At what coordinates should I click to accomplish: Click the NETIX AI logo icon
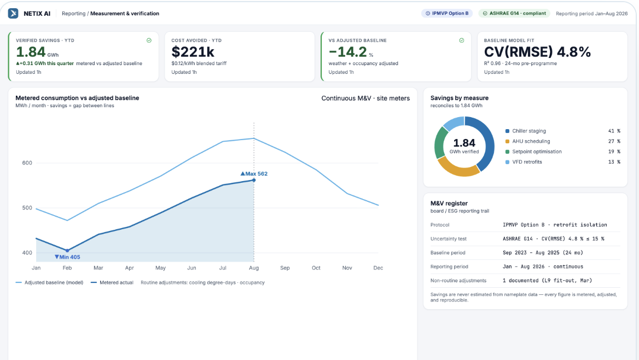pos(13,14)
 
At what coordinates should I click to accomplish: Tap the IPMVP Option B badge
pos(447,14)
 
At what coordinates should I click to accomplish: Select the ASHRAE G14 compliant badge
pos(514,14)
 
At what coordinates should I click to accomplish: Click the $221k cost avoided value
pos(193,52)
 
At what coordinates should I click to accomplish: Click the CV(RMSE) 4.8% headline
pos(537,52)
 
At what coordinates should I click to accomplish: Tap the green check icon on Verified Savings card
pos(149,40)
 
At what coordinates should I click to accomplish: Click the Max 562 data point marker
pos(254,180)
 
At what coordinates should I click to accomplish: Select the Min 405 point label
pos(67,257)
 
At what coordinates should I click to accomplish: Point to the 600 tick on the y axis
pos(27,162)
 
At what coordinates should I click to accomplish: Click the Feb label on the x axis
pos(67,268)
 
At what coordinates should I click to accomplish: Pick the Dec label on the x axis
pos(378,268)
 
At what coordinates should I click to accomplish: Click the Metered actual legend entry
pos(112,282)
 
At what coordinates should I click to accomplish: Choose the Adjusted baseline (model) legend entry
pos(49,282)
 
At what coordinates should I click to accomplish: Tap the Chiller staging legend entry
pos(526,131)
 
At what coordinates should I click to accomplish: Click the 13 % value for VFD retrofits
pos(614,162)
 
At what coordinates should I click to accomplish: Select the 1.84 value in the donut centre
pos(464,143)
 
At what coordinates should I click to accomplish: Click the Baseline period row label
pos(448,253)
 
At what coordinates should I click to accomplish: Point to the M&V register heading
pos(449,204)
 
